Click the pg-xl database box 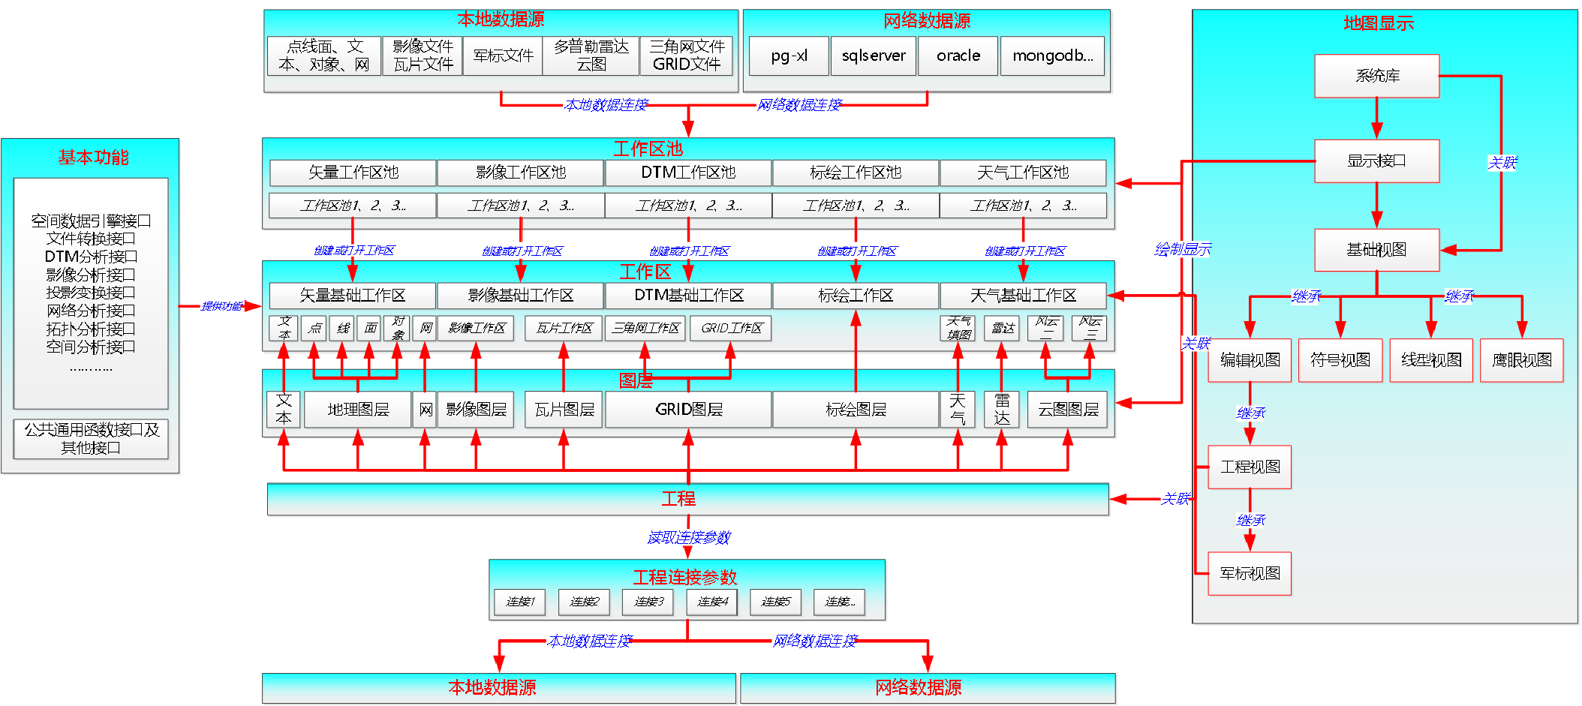pyautogui.click(x=789, y=56)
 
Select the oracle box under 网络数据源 pyautogui.click(x=958, y=56)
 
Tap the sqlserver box pyautogui.click(x=873, y=56)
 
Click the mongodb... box pyautogui.click(x=1052, y=56)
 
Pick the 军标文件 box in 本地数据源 pyautogui.click(x=502, y=56)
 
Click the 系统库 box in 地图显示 pyautogui.click(x=1376, y=76)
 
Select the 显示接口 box pyautogui.click(x=1376, y=161)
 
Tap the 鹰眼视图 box pyautogui.click(x=1521, y=360)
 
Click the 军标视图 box pyautogui.click(x=1250, y=573)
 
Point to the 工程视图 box pyautogui.click(x=1250, y=467)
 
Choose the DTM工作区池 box pyautogui.click(x=687, y=173)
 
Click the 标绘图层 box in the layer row pyautogui.click(x=856, y=410)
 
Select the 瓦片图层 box pyautogui.click(x=564, y=410)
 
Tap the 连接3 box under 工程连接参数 pyautogui.click(x=648, y=602)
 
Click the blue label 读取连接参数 pyautogui.click(x=688, y=537)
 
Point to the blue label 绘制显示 pyautogui.click(x=1182, y=249)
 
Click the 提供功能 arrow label pyautogui.click(x=221, y=306)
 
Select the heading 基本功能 pyautogui.click(x=93, y=158)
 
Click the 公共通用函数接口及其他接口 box pyautogui.click(x=91, y=439)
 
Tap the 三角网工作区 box pyautogui.click(x=645, y=328)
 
